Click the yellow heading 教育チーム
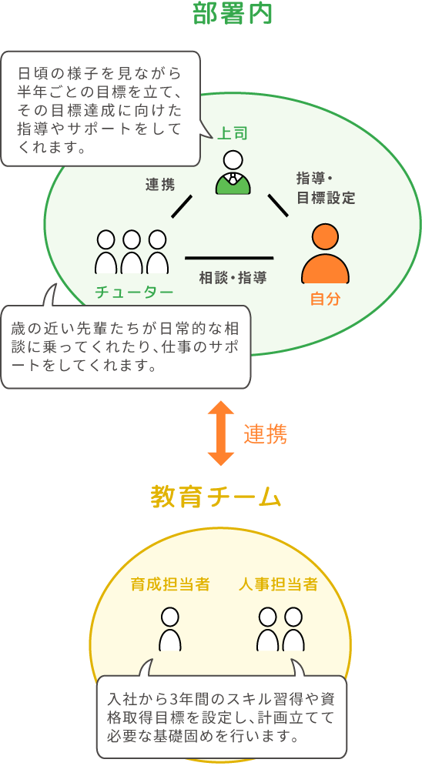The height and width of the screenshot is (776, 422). [x=216, y=497]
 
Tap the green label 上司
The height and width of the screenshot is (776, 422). [x=233, y=133]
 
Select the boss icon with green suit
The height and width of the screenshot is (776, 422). [x=233, y=172]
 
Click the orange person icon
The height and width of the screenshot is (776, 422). [x=326, y=253]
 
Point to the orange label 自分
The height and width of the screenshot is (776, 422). [x=326, y=299]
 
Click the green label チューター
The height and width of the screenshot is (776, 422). [x=134, y=292]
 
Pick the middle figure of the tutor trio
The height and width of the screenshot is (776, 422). [x=132, y=252]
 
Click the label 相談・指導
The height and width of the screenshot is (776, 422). [x=233, y=278]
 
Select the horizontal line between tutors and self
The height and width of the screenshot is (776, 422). [x=229, y=258]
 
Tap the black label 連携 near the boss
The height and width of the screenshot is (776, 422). [x=160, y=185]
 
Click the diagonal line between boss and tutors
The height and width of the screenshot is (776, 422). [x=181, y=206]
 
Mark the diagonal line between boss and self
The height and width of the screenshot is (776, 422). [x=278, y=206]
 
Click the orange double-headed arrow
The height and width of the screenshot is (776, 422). [x=220, y=433]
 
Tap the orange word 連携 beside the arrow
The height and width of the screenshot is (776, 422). [x=265, y=434]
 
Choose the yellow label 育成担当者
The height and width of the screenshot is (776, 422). [x=170, y=584]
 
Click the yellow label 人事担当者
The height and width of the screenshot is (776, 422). [x=278, y=584]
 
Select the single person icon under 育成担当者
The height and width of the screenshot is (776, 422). [x=170, y=630]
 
